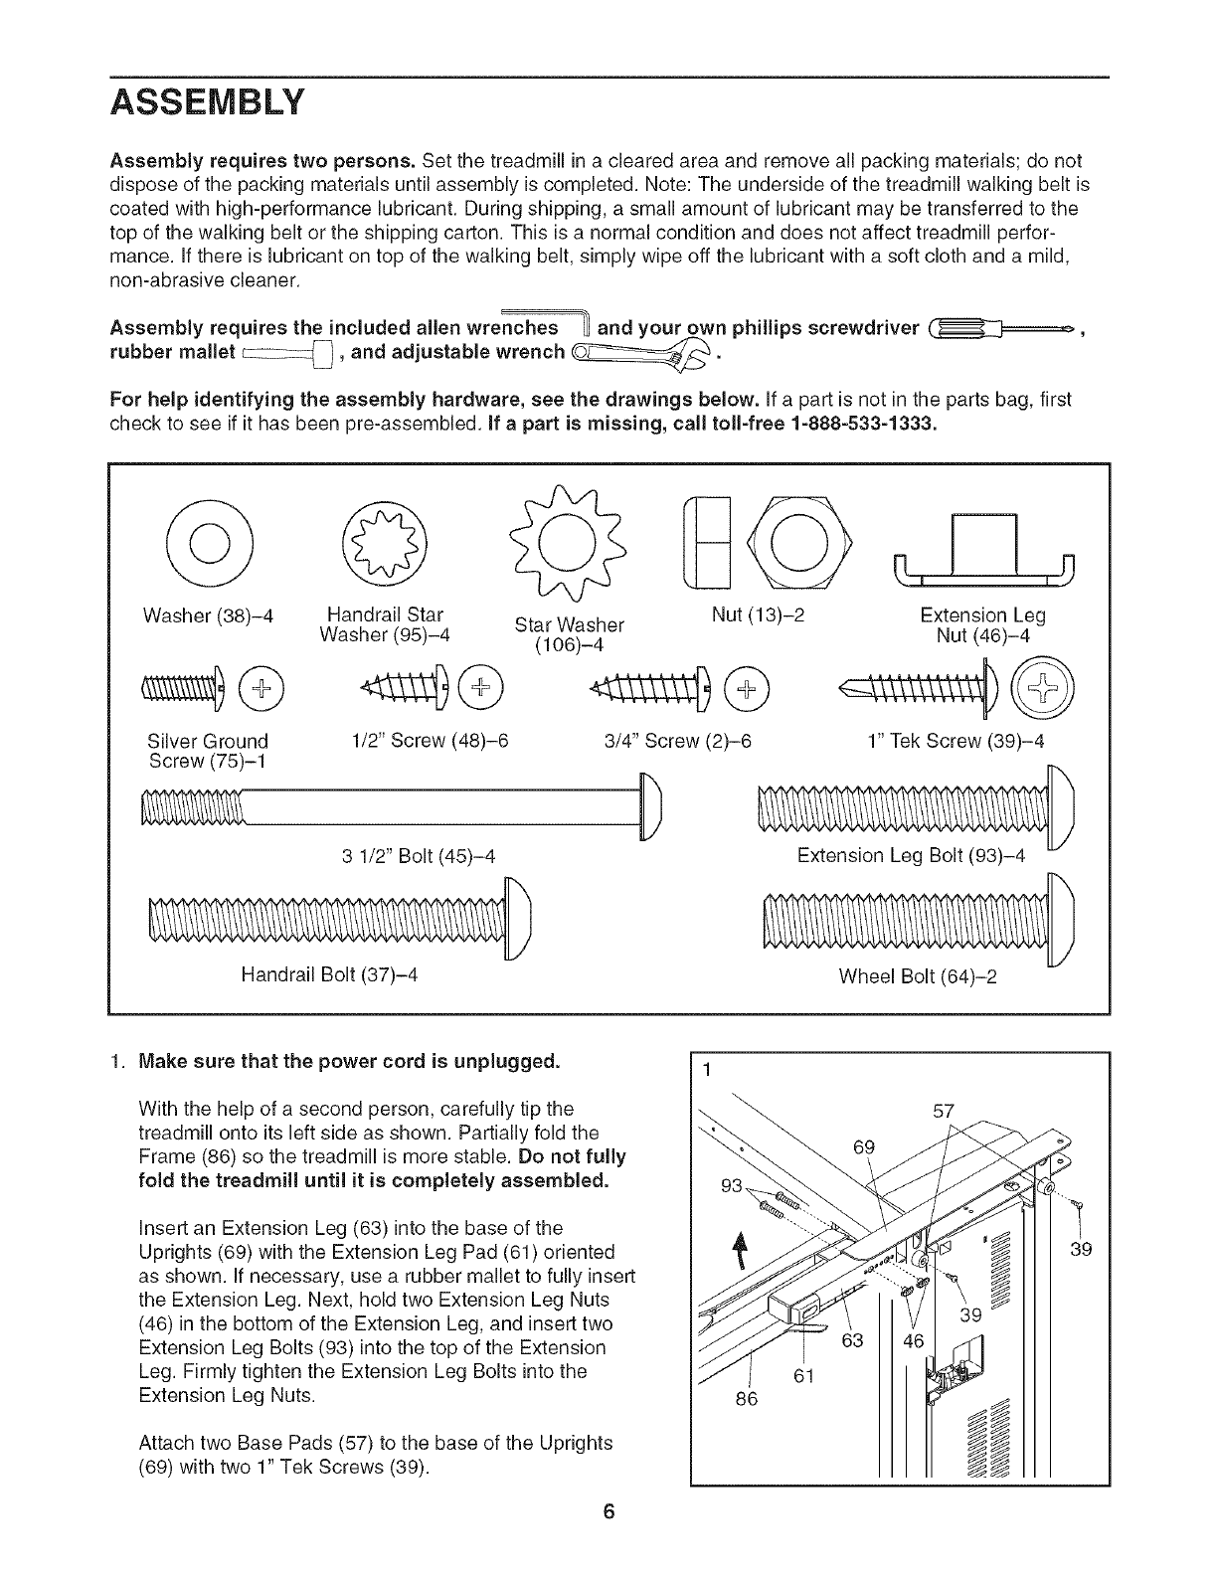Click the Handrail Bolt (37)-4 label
(x=328, y=975)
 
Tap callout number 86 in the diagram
(x=746, y=1399)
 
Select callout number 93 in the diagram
(x=732, y=1186)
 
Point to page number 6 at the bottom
(x=608, y=1541)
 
